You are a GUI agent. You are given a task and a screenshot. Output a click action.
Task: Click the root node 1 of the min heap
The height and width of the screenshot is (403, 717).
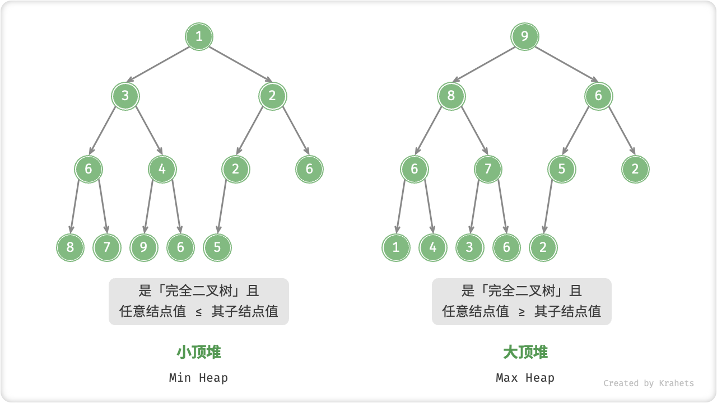pos(199,38)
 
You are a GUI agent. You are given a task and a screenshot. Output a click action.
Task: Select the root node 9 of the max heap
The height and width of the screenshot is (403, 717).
pos(525,38)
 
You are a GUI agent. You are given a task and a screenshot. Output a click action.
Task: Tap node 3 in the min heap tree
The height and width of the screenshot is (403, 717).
pos(125,96)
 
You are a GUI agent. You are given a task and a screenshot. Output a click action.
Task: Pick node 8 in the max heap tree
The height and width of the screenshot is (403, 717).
pos(451,96)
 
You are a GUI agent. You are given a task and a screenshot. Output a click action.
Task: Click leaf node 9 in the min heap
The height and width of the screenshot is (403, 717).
pos(144,247)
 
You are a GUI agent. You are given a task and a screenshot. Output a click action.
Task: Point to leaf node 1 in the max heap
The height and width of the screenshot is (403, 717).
pos(396,247)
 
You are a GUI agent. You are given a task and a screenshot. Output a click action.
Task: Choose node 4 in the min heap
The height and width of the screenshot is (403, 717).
pos(162,169)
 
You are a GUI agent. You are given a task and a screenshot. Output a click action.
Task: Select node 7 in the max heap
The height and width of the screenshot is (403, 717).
pos(488,169)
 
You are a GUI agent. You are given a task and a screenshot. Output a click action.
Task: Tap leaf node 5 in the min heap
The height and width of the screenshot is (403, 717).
pos(217,247)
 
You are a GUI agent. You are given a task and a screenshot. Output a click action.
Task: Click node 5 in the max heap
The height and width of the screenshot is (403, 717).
pos(562,169)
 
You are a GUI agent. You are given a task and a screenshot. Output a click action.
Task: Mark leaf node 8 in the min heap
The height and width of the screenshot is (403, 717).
pos(70,247)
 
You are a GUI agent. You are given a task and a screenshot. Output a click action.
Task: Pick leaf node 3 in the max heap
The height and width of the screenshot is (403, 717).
pos(470,247)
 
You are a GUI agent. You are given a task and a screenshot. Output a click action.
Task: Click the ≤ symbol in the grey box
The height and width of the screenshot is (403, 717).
pos(199,312)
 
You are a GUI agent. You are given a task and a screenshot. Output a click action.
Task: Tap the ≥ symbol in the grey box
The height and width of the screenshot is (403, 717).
pos(522,312)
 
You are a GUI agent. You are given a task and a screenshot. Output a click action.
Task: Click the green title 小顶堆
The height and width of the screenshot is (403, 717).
pos(199,352)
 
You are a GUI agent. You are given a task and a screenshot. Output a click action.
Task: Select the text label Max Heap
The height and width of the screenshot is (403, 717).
pos(525,378)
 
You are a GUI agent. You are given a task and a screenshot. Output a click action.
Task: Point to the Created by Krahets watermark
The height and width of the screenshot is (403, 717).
pos(648,383)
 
